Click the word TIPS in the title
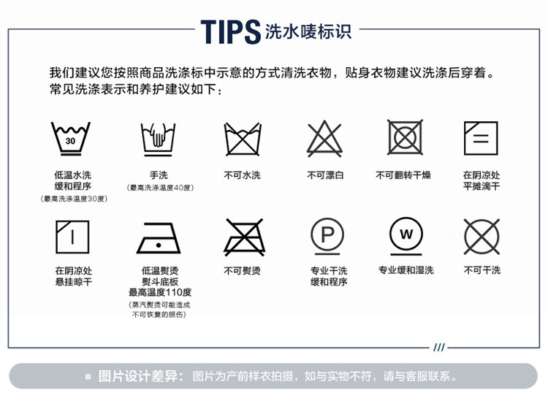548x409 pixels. pos(231,32)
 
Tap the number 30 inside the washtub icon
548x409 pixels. pos(70,141)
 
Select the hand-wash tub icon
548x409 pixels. pos(158,139)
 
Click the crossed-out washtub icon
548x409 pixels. pos(243,139)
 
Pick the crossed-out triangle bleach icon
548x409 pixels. pos(324,139)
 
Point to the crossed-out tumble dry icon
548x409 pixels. pos(405,137)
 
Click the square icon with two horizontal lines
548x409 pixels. pos(481,138)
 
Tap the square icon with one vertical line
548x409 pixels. pos(72,237)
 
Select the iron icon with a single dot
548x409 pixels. pos(159,238)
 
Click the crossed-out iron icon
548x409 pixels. pos(244,237)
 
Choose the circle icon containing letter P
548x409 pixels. pos(327,236)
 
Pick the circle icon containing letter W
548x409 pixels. pos(406,236)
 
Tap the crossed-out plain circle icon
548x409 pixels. pos(482,237)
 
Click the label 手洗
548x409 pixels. pos(159,175)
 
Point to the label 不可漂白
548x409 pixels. pos(325,175)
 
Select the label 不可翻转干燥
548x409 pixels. pos(403,175)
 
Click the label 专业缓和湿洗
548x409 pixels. pos(406,270)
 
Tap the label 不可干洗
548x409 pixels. pos(482,270)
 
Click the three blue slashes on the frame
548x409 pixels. pos(439,347)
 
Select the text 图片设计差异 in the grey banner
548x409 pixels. pos(138,376)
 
